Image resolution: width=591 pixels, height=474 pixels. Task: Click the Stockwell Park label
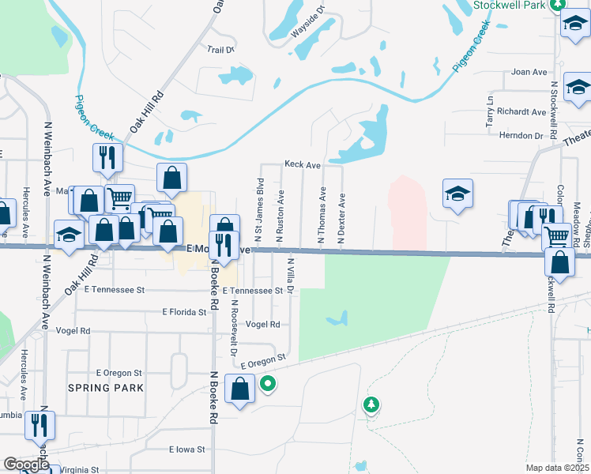click(510, 5)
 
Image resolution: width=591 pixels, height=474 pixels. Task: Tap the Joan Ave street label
click(529, 72)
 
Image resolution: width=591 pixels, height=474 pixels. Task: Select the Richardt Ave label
click(522, 112)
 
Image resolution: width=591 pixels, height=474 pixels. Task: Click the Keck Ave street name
click(302, 165)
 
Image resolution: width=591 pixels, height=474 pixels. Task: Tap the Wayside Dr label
click(309, 22)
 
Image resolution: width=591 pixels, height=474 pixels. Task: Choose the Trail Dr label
click(221, 50)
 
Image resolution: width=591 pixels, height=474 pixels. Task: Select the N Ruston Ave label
click(279, 215)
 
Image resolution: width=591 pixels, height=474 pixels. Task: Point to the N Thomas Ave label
click(322, 214)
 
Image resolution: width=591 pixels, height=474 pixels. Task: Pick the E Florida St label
click(184, 313)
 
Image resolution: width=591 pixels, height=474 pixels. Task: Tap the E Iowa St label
click(186, 450)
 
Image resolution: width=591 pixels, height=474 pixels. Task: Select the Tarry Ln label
click(490, 113)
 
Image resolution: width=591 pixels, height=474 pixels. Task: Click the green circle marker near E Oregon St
click(268, 385)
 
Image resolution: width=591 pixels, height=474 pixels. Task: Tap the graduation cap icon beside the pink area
click(457, 194)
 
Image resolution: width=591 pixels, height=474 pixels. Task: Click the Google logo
click(26, 465)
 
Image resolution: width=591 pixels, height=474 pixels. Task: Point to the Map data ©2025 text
click(557, 468)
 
